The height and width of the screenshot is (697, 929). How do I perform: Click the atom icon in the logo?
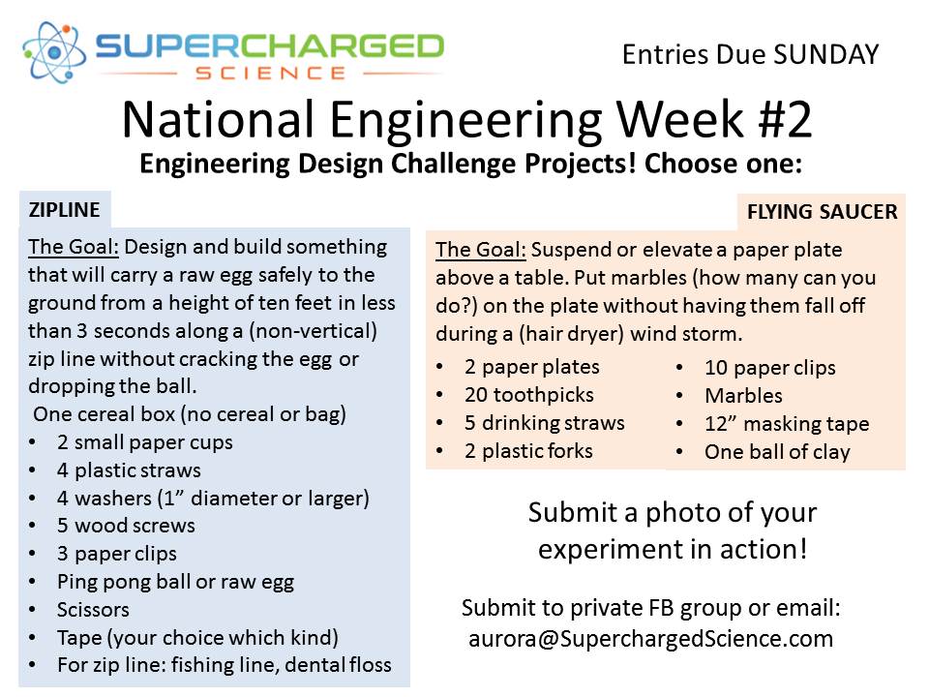click(x=53, y=52)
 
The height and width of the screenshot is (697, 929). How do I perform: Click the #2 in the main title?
click(x=785, y=119)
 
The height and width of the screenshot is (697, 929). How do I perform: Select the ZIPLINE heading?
click(x=65, y=210)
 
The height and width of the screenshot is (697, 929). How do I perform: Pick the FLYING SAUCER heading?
click(x=823, y=212)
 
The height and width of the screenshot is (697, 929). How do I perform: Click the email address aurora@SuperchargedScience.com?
click(x=650, y=639)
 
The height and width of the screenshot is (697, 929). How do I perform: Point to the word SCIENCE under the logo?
click(x=270, y=74)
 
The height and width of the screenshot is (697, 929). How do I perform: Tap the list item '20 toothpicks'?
click(x=529, y=395)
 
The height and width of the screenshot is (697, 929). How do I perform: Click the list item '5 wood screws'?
click(x=126, y=525)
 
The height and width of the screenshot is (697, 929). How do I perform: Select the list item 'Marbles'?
click(x=743, y=395)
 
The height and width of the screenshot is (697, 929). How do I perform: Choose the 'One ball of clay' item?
click(x=777, y=452)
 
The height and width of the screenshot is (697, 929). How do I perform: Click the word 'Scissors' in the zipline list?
click(x=93, y=609)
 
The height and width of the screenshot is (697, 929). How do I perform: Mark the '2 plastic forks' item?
click(x=528, y=451)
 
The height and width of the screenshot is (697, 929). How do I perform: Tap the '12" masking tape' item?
click(x=787, y=424)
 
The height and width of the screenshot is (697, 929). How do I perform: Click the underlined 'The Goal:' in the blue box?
click(x=74, y=247)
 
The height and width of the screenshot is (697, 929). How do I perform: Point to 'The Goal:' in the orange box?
click(x=481, y=250)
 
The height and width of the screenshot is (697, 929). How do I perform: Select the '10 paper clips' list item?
click(x=769, y=368)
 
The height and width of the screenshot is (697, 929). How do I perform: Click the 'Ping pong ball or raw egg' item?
click(x=175, y=582)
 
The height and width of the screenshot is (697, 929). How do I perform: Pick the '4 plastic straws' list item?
click(x=129, y=470)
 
